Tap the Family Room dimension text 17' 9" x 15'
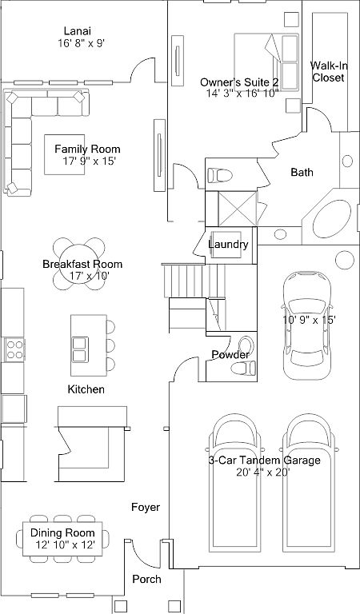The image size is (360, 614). coord(90,161)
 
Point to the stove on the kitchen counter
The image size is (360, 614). coord(14,348)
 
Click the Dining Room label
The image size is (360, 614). coord(62,532)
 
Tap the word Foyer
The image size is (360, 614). coord(146,507)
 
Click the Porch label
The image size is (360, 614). coord(146,579)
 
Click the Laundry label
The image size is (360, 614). coord(228,245)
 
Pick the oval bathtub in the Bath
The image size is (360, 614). coord(327,215)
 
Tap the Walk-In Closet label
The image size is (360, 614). coord(328,72)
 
